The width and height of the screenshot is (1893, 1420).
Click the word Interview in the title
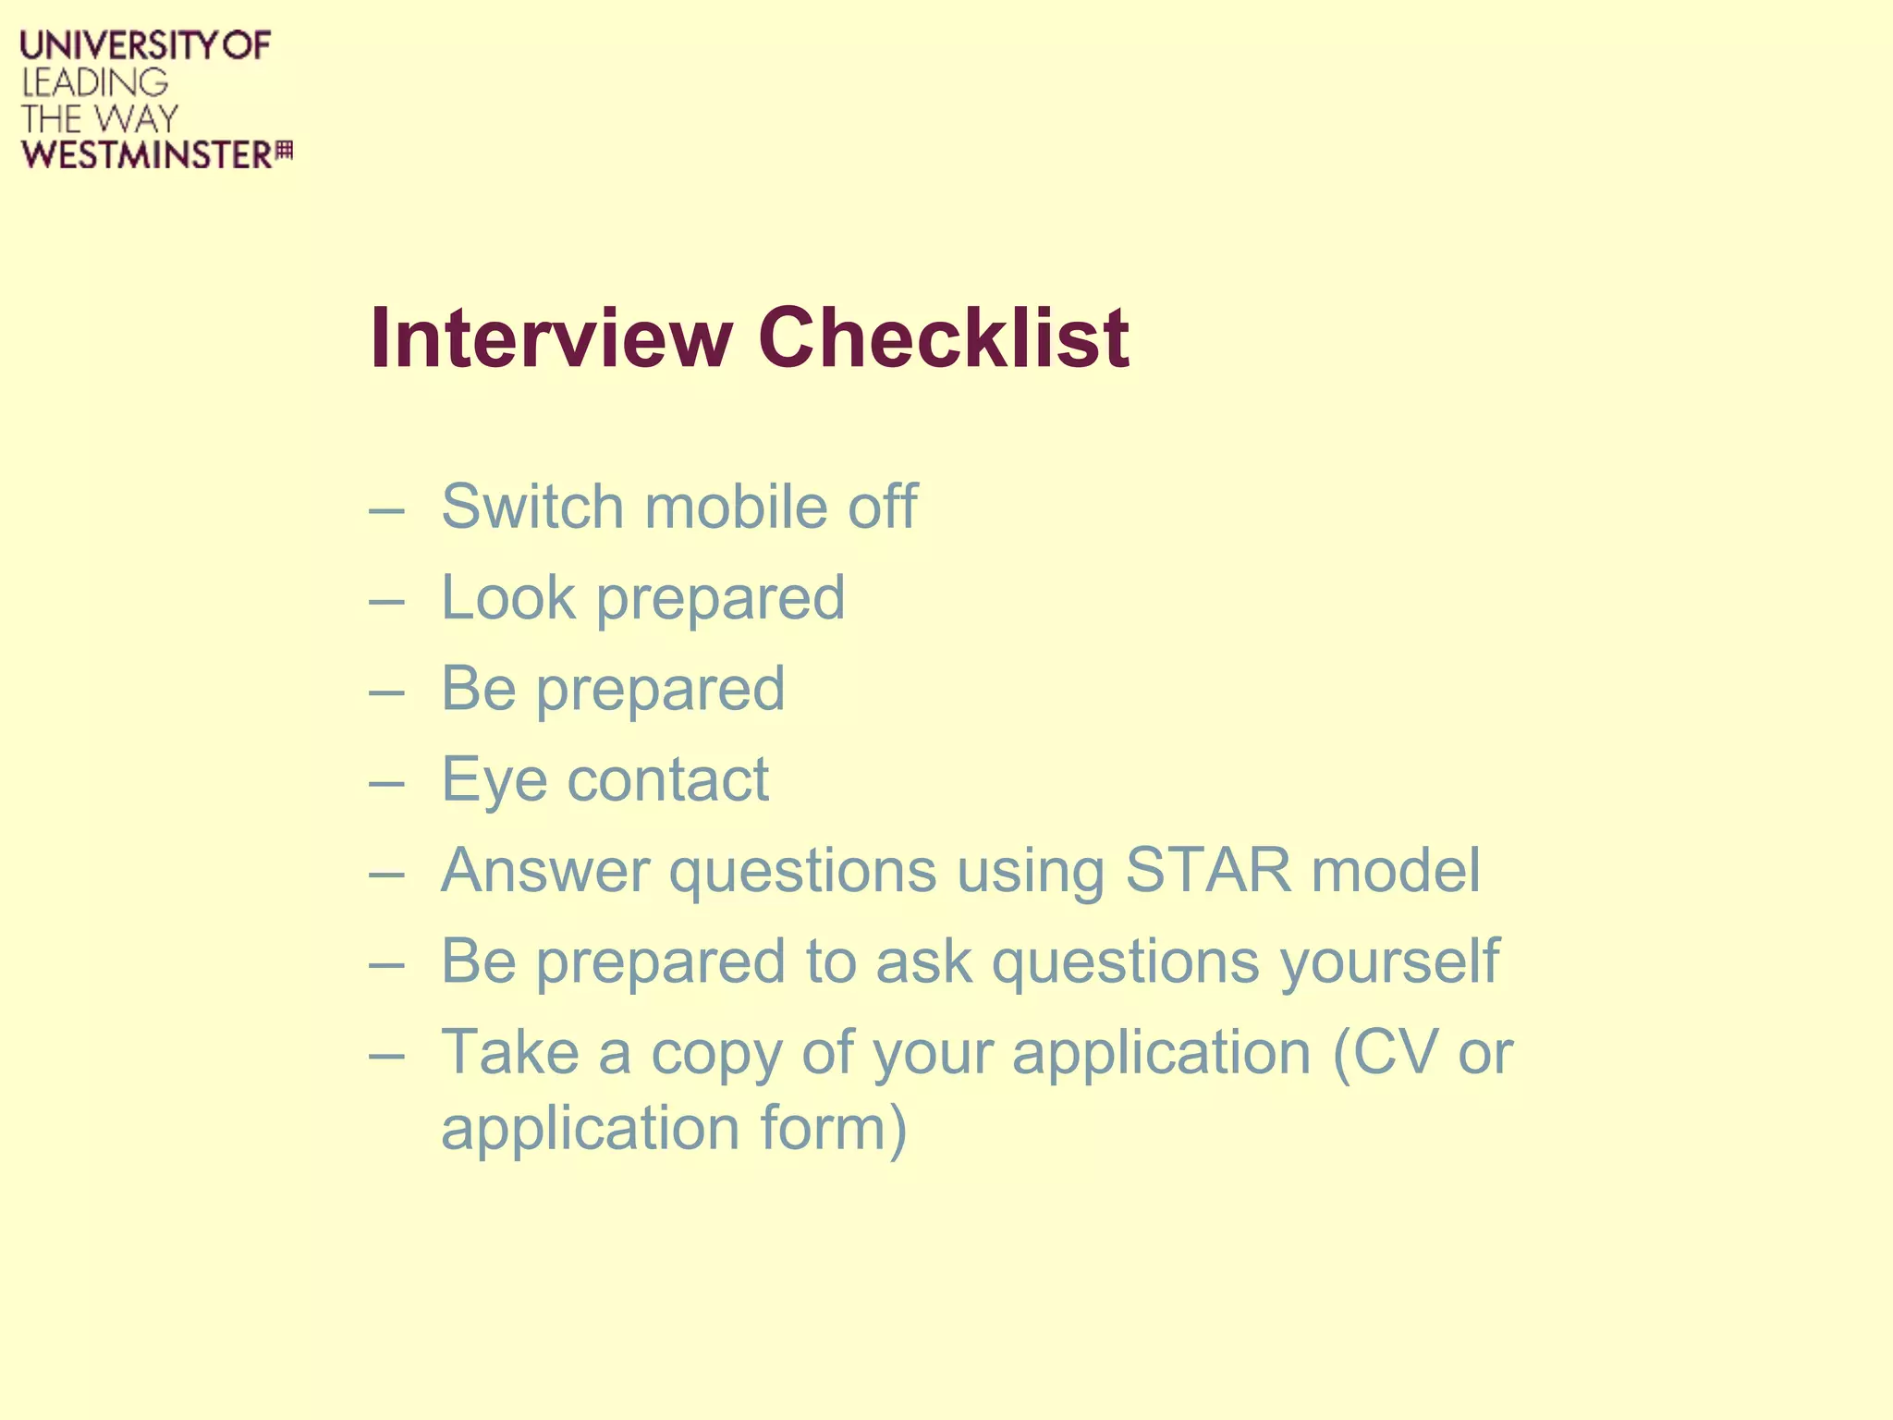pos(552,338)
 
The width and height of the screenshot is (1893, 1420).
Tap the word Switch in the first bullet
pos(531,507)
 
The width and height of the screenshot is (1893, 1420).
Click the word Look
pos(507,597)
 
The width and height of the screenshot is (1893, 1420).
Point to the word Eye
pos(494,780)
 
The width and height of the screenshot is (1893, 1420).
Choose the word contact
pos(667,780)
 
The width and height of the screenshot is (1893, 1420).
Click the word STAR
pos(1208,870)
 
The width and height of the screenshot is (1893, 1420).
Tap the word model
pos(1396,870)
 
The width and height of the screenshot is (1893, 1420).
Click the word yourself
pos(1389,962)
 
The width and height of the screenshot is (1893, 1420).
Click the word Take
pos(509,1052)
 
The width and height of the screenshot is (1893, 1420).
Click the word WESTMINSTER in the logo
pos(147,155)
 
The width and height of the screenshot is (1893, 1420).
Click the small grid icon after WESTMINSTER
pos(284,151)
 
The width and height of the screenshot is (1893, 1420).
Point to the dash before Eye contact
pos(386,783)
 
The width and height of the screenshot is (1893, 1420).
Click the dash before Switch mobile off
pos(386,510)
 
